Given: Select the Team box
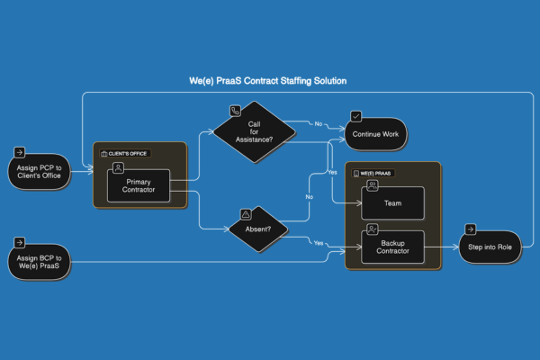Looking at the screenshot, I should pyautogui.click(x=392, y=202).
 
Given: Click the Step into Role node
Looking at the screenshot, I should pyautogui.click(x=489, y=246).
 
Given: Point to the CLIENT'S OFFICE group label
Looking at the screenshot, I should pyautogui.click(x=126, y=154).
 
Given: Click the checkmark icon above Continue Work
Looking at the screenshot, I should pyautogui.click(x=356, y=116).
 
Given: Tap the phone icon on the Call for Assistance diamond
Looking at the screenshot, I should pyautogui.click(x=236, y=111).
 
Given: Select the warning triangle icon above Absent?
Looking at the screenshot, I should pyautogui.click(x=246, y=215).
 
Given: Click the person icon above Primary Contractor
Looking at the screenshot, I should pyautogui.click(x=117, y=168).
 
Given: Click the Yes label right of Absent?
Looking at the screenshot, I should pyautogui.click(x=318, y=243).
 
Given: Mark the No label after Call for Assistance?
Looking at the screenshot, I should pyautogui.click(x=318, y=122).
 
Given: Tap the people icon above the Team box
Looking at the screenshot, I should pyautogui.click(x=372, y=184).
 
